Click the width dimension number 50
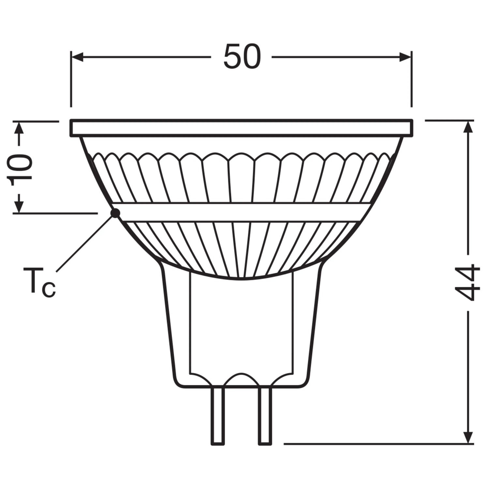(x=242, y=57)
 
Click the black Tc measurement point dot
(x=115, y=213)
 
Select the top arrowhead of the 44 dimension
(x=468, y=127)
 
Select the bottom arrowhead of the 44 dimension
(x=468, y=437)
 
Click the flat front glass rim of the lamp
(x=242, y=128)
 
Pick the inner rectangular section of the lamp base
(x=241, y=326)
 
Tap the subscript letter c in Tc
(x=49, y=289)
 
